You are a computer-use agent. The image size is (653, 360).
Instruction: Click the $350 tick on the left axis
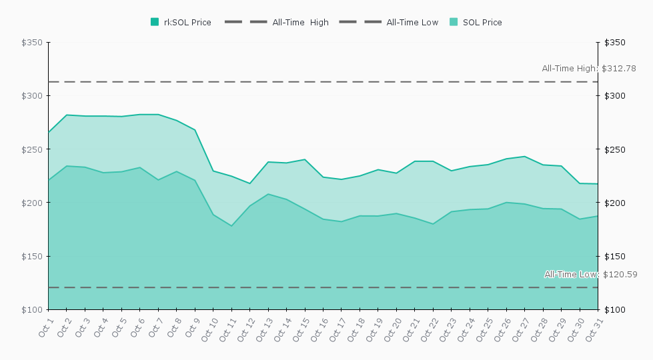(32, 43)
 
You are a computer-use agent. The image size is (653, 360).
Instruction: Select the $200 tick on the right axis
(614, 203)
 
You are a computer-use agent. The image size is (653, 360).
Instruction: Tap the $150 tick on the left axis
(32, 257)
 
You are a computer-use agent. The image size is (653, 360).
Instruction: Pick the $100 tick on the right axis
(614, 310)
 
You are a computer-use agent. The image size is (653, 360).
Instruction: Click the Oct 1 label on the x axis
(46, 328)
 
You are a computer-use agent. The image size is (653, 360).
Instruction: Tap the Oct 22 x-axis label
(431, 328)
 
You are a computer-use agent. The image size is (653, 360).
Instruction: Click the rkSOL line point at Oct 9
(195, 130)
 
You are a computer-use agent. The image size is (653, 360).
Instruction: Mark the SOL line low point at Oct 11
(231, 226)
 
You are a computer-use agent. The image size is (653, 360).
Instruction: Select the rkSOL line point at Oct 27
(524, 157)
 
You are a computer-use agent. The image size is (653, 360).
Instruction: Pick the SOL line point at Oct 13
(268, 194)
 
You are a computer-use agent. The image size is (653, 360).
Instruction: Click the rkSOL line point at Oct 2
(67, 115)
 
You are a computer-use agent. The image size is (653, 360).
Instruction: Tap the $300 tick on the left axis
(32, 96)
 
